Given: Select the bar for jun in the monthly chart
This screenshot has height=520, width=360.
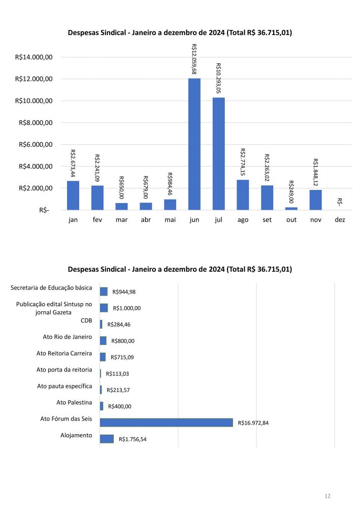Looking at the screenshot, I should (194, 144).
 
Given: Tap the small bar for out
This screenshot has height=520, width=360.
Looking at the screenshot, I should (291, 208).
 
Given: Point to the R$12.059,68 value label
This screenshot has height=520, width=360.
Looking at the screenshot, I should (194, 59).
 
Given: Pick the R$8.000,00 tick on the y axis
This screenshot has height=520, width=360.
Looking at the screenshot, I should (35, 122).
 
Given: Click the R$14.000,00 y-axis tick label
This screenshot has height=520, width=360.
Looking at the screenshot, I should (35, 57).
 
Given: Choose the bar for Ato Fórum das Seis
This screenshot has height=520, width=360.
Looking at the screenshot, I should (166, 422).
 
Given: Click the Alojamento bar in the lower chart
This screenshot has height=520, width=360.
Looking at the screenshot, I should (107, 439).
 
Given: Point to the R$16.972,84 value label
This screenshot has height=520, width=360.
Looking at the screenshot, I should (253, 422).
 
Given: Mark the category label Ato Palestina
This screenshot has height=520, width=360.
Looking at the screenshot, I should (74, 403).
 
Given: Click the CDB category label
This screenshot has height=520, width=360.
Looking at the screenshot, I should (86, 320).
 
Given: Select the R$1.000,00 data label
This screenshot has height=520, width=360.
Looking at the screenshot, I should (127, 308).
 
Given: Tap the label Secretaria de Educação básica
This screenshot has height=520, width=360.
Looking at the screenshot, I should (51, 288).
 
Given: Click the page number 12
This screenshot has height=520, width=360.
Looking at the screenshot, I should (328, 496).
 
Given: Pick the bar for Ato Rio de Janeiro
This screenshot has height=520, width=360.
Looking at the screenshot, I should (103, 341).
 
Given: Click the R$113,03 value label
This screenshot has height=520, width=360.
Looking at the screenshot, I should (118, 374).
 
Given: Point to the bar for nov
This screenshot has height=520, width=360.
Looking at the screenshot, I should (316, 200).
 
